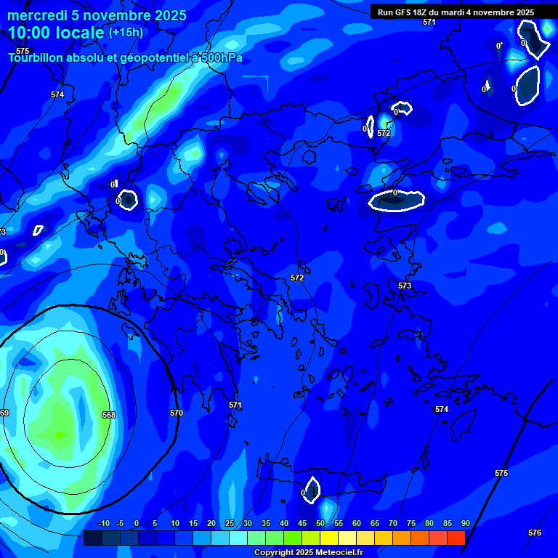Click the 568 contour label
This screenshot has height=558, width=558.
[x=109, y=415]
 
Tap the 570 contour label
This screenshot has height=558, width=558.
[x=177, y=413]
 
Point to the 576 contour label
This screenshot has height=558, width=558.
[x=535, y=533]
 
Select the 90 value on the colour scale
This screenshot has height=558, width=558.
[x=465, y=523]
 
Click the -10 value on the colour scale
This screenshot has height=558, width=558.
[x=103, y=523]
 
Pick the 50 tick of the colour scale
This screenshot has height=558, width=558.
[x=320, y=523]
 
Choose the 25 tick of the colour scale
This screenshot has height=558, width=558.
[x=230, y=523]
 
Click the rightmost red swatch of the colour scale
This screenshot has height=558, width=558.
[x=456, y=538]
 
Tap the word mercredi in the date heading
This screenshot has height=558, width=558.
[x=39, y=15]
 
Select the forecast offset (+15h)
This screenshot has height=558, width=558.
[x=126, y=33]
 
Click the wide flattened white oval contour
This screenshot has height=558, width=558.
[x=396, y=200]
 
